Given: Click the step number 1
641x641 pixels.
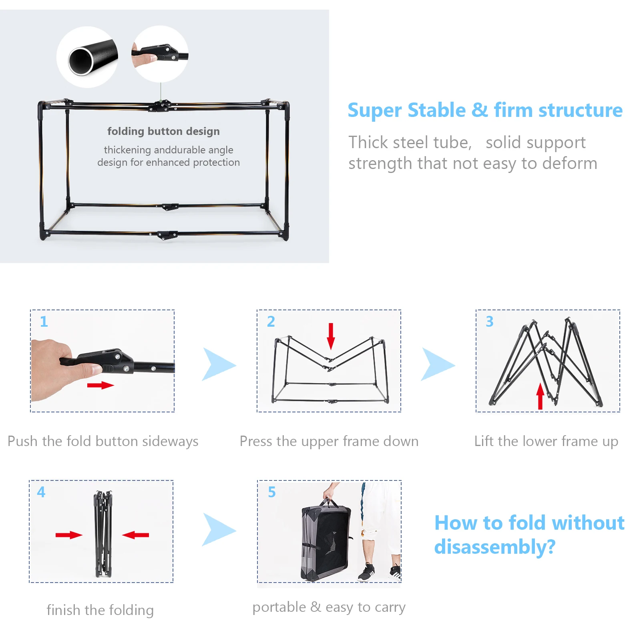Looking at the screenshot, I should (44, 322).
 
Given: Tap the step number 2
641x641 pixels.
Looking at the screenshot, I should (271, 322).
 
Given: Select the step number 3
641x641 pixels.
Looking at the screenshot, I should (489, 322).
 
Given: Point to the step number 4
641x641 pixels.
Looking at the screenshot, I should (41, 492).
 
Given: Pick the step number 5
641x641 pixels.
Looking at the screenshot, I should (272, 492).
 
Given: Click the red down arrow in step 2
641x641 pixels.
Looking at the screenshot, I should (331, 336).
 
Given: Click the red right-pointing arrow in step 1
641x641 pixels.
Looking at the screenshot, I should (100, 385).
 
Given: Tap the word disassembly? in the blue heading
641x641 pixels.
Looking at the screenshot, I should (495, 547).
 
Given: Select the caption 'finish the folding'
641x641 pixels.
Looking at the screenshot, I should (100, 610).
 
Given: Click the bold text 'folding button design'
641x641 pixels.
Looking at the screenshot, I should (163, 131).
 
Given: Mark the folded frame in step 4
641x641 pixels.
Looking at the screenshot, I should (103, 534).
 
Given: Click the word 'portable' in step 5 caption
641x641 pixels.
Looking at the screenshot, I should (279, 607).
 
